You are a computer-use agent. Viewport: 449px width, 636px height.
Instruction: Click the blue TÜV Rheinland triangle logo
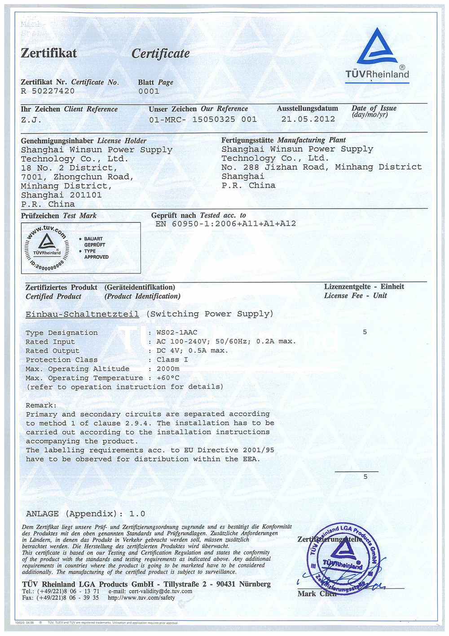coord(377,47)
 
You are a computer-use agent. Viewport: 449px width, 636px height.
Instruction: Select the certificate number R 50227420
coord(48,91)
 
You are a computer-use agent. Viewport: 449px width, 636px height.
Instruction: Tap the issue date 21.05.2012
coord(308,119)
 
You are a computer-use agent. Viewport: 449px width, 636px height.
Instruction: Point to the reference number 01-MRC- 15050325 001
coord(203,120)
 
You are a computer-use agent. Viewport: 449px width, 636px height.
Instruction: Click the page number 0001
coord(149,91)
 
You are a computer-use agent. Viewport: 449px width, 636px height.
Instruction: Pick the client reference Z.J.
coord(31,120)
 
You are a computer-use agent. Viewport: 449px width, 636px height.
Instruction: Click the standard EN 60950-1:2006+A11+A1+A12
coord(225,224)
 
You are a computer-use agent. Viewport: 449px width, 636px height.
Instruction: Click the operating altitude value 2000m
coord(167,369)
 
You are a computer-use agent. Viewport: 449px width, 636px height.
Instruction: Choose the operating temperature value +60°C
coord(167,378)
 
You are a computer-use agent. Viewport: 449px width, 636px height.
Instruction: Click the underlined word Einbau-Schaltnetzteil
coord(82,314)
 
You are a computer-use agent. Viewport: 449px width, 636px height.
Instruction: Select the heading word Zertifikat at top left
coord(49,53)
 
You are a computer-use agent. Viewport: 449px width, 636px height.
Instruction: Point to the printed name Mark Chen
coord(317,594)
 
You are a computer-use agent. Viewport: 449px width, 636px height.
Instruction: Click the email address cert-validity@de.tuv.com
coord(160,591)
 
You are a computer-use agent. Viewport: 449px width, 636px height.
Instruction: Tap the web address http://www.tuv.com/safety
coord(141,598)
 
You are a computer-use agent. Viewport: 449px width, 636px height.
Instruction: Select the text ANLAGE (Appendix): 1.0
coord(85,514)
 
